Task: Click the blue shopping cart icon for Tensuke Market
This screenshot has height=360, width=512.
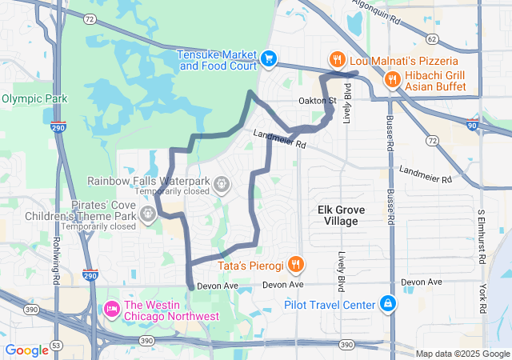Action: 269,58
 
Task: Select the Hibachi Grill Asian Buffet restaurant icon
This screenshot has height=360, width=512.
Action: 392,78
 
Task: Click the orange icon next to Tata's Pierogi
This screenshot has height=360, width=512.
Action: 296,264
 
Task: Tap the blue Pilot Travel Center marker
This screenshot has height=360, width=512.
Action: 388,304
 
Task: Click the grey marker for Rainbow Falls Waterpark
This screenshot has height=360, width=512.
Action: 222,186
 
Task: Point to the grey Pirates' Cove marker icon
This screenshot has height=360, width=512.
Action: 147,214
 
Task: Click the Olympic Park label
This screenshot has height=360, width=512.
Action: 34,98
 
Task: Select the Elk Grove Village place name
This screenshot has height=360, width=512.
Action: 342,215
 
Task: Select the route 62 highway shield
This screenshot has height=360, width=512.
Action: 432,38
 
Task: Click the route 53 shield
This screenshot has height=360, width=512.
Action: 54,344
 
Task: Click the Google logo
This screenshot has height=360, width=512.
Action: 26,350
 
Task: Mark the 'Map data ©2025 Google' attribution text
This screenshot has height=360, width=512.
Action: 462,354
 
